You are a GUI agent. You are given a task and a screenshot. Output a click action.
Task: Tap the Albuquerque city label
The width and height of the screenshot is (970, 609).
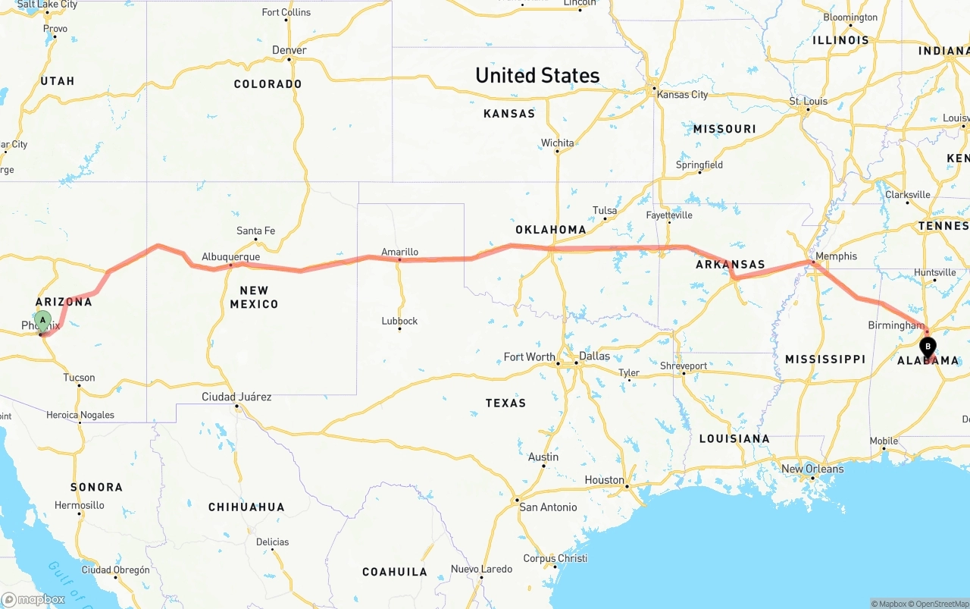230,257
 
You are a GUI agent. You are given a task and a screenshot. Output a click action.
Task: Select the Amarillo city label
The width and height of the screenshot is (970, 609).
399,252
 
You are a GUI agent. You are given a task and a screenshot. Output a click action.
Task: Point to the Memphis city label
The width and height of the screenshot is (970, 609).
836,256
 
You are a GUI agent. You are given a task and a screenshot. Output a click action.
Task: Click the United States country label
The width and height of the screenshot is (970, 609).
537,75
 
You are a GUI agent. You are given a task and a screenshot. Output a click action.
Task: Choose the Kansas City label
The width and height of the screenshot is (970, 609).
682,95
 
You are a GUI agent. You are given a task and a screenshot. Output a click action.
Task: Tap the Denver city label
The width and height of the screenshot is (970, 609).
289,50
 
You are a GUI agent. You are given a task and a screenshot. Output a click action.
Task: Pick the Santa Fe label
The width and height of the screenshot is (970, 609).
255,231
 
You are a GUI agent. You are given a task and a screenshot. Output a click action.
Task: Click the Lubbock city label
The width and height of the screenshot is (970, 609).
399,321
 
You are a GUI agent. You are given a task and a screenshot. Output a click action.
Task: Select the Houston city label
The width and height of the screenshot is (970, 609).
604,480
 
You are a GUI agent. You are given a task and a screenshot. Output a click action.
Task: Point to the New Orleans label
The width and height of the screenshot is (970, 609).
812,469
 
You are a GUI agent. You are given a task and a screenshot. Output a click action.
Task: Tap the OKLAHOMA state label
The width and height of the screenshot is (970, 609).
551,230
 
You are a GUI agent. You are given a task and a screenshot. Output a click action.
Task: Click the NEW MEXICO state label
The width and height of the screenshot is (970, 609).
254,297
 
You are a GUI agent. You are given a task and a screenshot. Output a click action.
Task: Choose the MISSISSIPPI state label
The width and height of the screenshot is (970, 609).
824,359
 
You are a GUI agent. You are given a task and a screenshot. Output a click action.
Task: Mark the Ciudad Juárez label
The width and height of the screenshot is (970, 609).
236,397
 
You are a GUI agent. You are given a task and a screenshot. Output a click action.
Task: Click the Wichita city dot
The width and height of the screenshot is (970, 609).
557,151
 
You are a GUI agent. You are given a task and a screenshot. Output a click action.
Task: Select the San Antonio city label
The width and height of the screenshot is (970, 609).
547,507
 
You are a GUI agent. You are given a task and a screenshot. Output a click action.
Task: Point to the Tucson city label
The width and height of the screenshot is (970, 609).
79,378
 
